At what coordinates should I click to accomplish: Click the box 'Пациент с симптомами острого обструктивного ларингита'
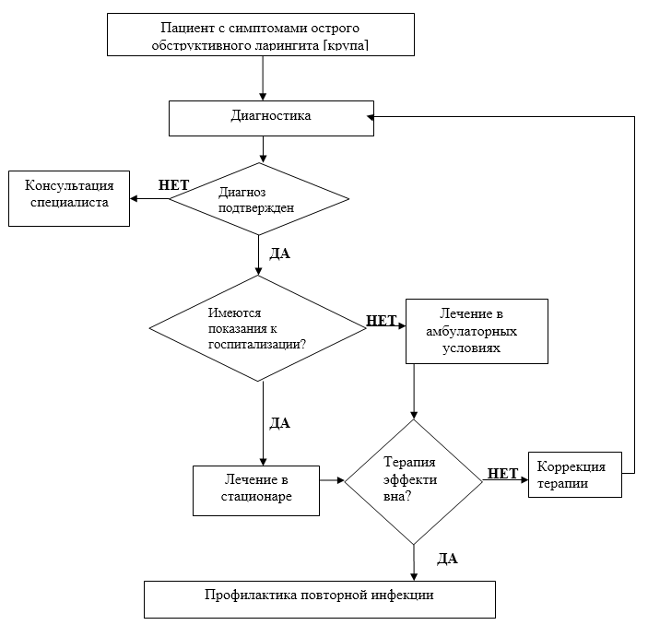(263, 34)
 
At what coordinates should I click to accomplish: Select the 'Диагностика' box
(270, 117)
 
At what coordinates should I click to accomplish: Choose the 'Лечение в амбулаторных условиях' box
(476, 331)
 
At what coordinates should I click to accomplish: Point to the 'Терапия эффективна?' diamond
(414, 480)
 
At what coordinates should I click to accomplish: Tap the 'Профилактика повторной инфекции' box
(318, 596)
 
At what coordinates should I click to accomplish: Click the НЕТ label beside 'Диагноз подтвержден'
(174, 184)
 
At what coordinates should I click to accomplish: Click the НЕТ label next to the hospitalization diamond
(382, 321)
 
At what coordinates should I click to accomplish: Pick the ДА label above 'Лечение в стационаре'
(278, 423)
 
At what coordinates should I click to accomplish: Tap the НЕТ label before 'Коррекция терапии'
(502, 473)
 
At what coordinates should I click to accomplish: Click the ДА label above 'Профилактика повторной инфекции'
(447, 558)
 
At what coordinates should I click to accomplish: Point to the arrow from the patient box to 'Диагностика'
(264, 77)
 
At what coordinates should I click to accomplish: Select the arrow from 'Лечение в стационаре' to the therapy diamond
(332, 480)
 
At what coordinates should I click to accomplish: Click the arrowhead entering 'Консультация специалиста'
(133, 198)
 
